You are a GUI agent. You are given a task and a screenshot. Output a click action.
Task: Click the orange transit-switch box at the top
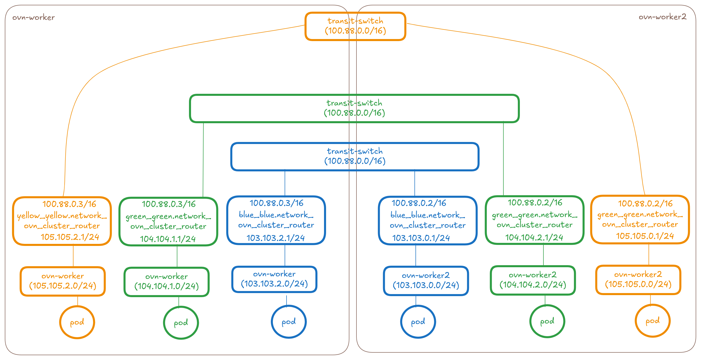pyautogui.click(x=355, y=26)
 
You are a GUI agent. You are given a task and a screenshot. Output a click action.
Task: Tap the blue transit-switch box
pyautogui.click(x=355, y=156)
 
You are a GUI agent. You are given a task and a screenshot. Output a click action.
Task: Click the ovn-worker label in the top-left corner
pyautogui.click(x=33, y=18)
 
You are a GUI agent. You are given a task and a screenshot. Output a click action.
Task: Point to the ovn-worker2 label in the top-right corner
pyautogui.click(x=662, y=17)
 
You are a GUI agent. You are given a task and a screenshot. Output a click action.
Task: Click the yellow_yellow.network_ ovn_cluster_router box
pyautogui.click(x=62, y=221)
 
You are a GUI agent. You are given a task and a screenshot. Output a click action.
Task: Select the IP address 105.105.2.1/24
pyautogui.click(x=70, y=237)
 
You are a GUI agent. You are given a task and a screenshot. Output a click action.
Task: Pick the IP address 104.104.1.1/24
pyautogui.click(x=168, y=239)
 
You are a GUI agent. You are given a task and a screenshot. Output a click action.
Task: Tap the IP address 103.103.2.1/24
pyautogui.click(x=275, y=238)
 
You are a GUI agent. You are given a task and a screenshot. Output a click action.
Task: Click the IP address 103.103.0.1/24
pyautogui.click(x=421, y=238)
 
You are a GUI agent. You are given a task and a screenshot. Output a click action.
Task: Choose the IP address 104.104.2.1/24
pyautogui.click(x=534, y=238)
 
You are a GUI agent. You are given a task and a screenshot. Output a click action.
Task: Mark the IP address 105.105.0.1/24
pyautogui.click(x=645, y=236)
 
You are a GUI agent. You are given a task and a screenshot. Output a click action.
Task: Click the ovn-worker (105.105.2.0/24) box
pyautogui.click(x=63, y=281)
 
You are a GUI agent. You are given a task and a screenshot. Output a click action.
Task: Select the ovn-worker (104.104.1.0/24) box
pyautogui.click(x=166, y=282)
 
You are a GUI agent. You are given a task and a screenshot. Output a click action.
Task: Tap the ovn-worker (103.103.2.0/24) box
pyautogui.click(x=274, y=279)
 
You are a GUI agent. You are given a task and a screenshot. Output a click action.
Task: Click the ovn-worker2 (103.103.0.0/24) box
pyautogui.click(x=426, y=281)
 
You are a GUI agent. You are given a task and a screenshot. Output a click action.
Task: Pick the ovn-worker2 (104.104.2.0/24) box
pyautogui.click(x=533, y=280)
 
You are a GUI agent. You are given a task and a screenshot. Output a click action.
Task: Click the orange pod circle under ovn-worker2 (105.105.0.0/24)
pyautogui.click(x=653, y=321)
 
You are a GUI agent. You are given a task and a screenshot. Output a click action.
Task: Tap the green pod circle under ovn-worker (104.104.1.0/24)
pyautogui.click(x=181, y=323)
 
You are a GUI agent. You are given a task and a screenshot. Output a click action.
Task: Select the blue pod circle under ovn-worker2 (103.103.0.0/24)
pyautogui.click(x=418, y=322)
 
